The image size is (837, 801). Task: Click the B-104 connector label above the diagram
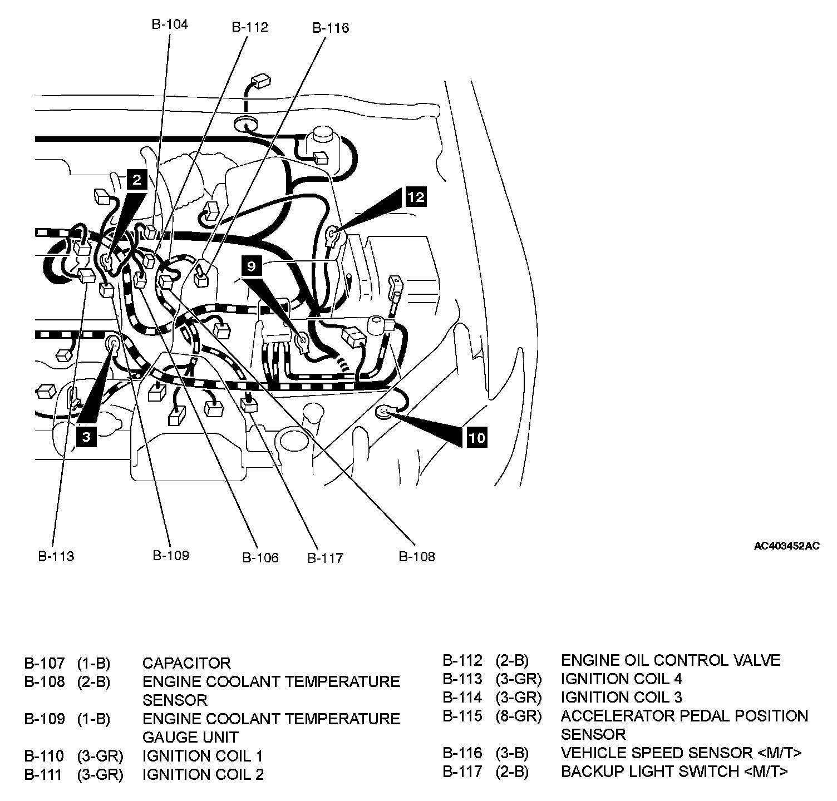(x=170, y=24)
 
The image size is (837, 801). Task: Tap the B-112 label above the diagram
(x=250, y=27)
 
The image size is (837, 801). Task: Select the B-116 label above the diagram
(x=331, y=28)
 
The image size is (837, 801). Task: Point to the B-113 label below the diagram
(x=56, y=556)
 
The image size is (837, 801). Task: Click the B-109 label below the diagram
(x=171, y=555)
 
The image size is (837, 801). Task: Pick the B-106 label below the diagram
(x=260, y=557)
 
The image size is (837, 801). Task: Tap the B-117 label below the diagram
(x=326, y=557)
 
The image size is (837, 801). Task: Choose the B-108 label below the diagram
(x=417, y=556)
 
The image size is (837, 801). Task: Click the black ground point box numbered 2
(x=137, y=179)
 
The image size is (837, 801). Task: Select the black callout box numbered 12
(x=416, y=196)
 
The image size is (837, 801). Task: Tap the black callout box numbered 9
(x=252, y=266)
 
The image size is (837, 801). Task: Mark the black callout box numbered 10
(x=476, y=437)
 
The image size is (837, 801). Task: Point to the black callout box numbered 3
(x=86, y=437)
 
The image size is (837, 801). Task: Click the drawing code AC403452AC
(x=786, y=546)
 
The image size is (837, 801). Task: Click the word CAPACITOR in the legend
(x=186, y=663)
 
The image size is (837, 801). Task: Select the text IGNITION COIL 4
(x=621, y=679)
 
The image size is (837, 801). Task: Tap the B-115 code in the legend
(x=462, y=716)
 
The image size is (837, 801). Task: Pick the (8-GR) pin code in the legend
(x=518, y=716)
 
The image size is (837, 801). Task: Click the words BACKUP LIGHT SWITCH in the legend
(x=652, y=772)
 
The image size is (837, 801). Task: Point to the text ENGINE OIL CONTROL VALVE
(x=670, y=660)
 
